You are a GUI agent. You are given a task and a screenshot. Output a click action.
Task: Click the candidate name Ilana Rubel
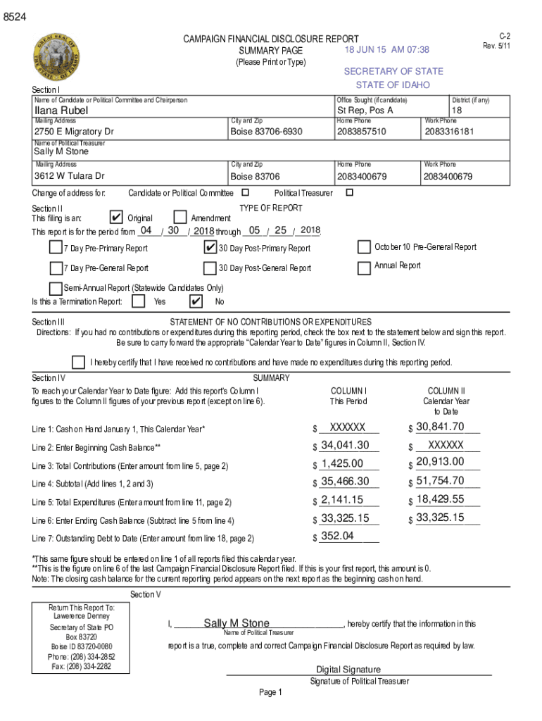point(61,111)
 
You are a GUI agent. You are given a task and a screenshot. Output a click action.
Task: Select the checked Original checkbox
point(118,218)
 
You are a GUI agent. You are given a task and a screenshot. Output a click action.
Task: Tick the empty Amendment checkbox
point(180,218)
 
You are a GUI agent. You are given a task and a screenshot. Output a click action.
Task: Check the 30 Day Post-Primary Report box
point(210,247)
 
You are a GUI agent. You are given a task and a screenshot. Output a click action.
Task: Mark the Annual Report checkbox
point(364,268)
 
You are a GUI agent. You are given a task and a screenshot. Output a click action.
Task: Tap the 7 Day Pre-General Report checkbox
point(56,268)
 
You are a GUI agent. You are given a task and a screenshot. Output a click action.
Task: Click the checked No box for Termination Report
point(197,301)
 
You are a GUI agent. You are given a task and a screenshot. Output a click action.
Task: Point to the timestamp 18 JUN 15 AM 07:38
point(386,50)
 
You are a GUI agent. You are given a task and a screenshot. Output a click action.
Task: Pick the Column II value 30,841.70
point(440,427)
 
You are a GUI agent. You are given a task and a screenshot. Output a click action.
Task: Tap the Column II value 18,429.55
point(440,499)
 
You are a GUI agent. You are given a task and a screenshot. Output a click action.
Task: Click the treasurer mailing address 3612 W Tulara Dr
point(70,176)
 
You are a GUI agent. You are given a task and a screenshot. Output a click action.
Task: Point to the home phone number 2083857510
point(361,132)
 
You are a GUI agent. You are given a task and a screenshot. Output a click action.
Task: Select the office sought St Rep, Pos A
point(365,111)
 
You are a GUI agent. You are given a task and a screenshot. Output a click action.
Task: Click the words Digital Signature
point(348,670)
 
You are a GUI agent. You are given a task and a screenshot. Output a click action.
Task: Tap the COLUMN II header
point(446,391)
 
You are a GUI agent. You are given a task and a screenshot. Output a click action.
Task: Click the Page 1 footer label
point(270,693)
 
